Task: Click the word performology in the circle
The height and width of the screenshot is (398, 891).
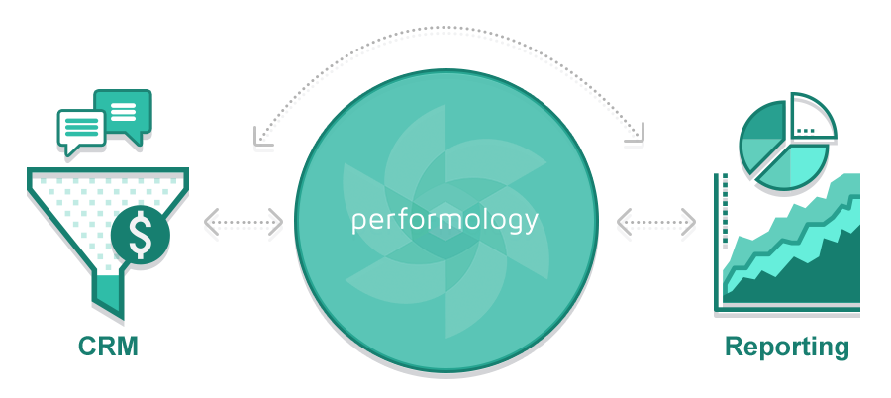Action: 445,220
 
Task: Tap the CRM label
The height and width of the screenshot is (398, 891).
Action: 108,347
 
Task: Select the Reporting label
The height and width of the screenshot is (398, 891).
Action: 786,347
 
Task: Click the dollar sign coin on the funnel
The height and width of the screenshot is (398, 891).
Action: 141,236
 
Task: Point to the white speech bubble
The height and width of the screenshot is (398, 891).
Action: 81,130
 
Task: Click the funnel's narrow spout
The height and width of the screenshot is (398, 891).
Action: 108,296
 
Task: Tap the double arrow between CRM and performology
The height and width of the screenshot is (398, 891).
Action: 244,228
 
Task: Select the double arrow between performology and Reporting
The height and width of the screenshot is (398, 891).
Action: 655,228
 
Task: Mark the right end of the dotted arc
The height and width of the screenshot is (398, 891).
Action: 634,147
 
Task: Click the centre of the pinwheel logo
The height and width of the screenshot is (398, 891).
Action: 445,220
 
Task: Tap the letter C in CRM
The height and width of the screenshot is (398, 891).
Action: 88,347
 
